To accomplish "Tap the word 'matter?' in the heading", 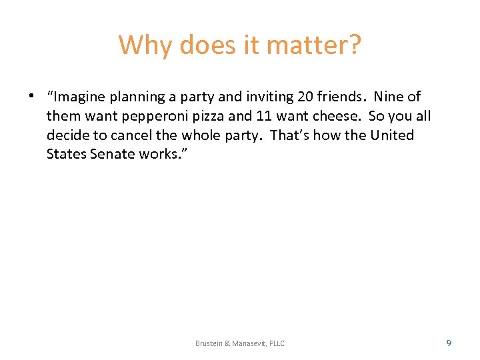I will click(x=313, y=45).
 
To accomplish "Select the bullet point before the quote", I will click(x=32, y=96).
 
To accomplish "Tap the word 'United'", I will click(x=392, y=135).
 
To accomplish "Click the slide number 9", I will click(x=449, y=343).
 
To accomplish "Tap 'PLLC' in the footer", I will click(x=275, y=343).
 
